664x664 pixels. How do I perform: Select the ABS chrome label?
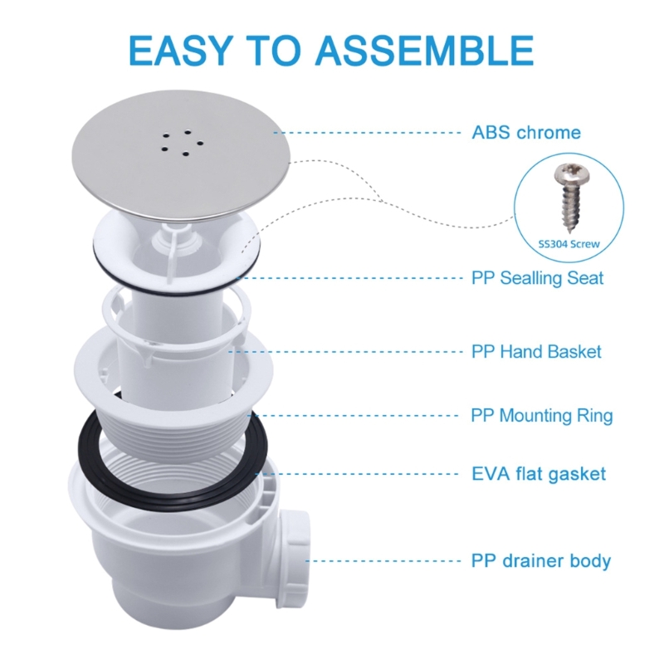pos(526,133)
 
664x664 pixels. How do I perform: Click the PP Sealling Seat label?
pos(537,277)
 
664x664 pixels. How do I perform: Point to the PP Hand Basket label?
pos(536,352)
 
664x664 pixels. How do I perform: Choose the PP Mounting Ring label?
pos(542,415)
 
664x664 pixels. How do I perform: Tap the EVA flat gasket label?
pos(538,474)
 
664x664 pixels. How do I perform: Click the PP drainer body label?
pos(541,560)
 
